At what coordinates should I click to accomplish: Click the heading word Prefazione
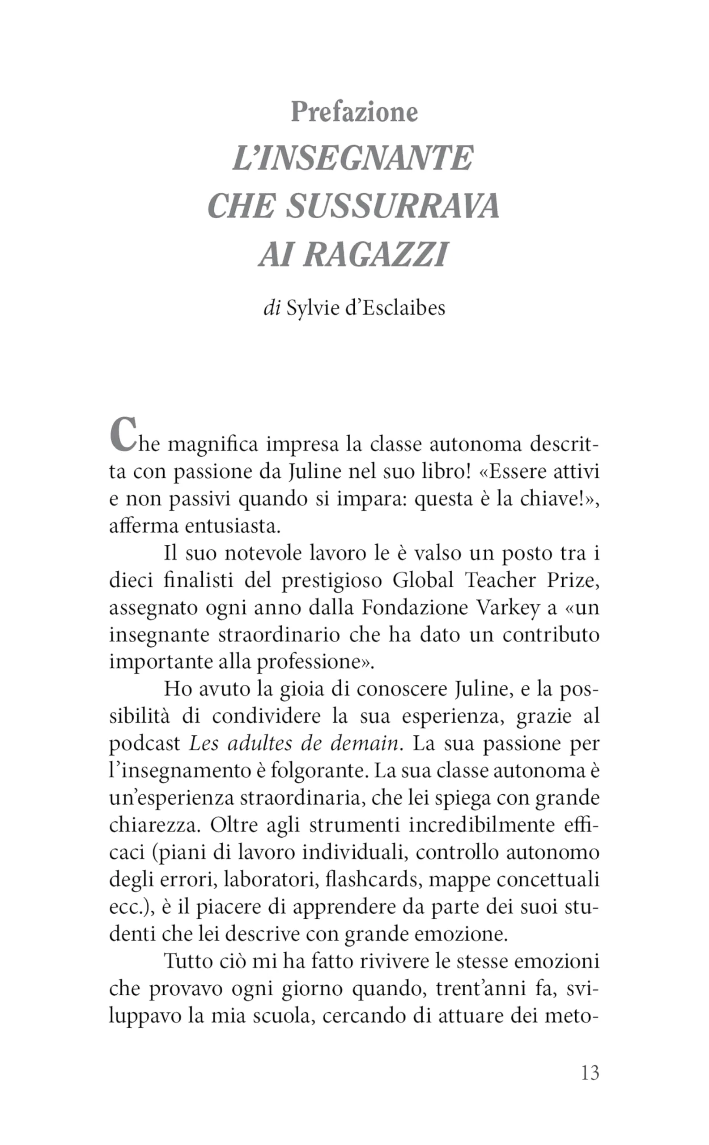354,112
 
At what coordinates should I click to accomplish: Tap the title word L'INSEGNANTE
353,158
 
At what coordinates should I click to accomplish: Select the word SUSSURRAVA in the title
393,206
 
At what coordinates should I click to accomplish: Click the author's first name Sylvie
313,309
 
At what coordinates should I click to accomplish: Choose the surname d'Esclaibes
395,309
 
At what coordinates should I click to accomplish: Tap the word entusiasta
233,526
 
